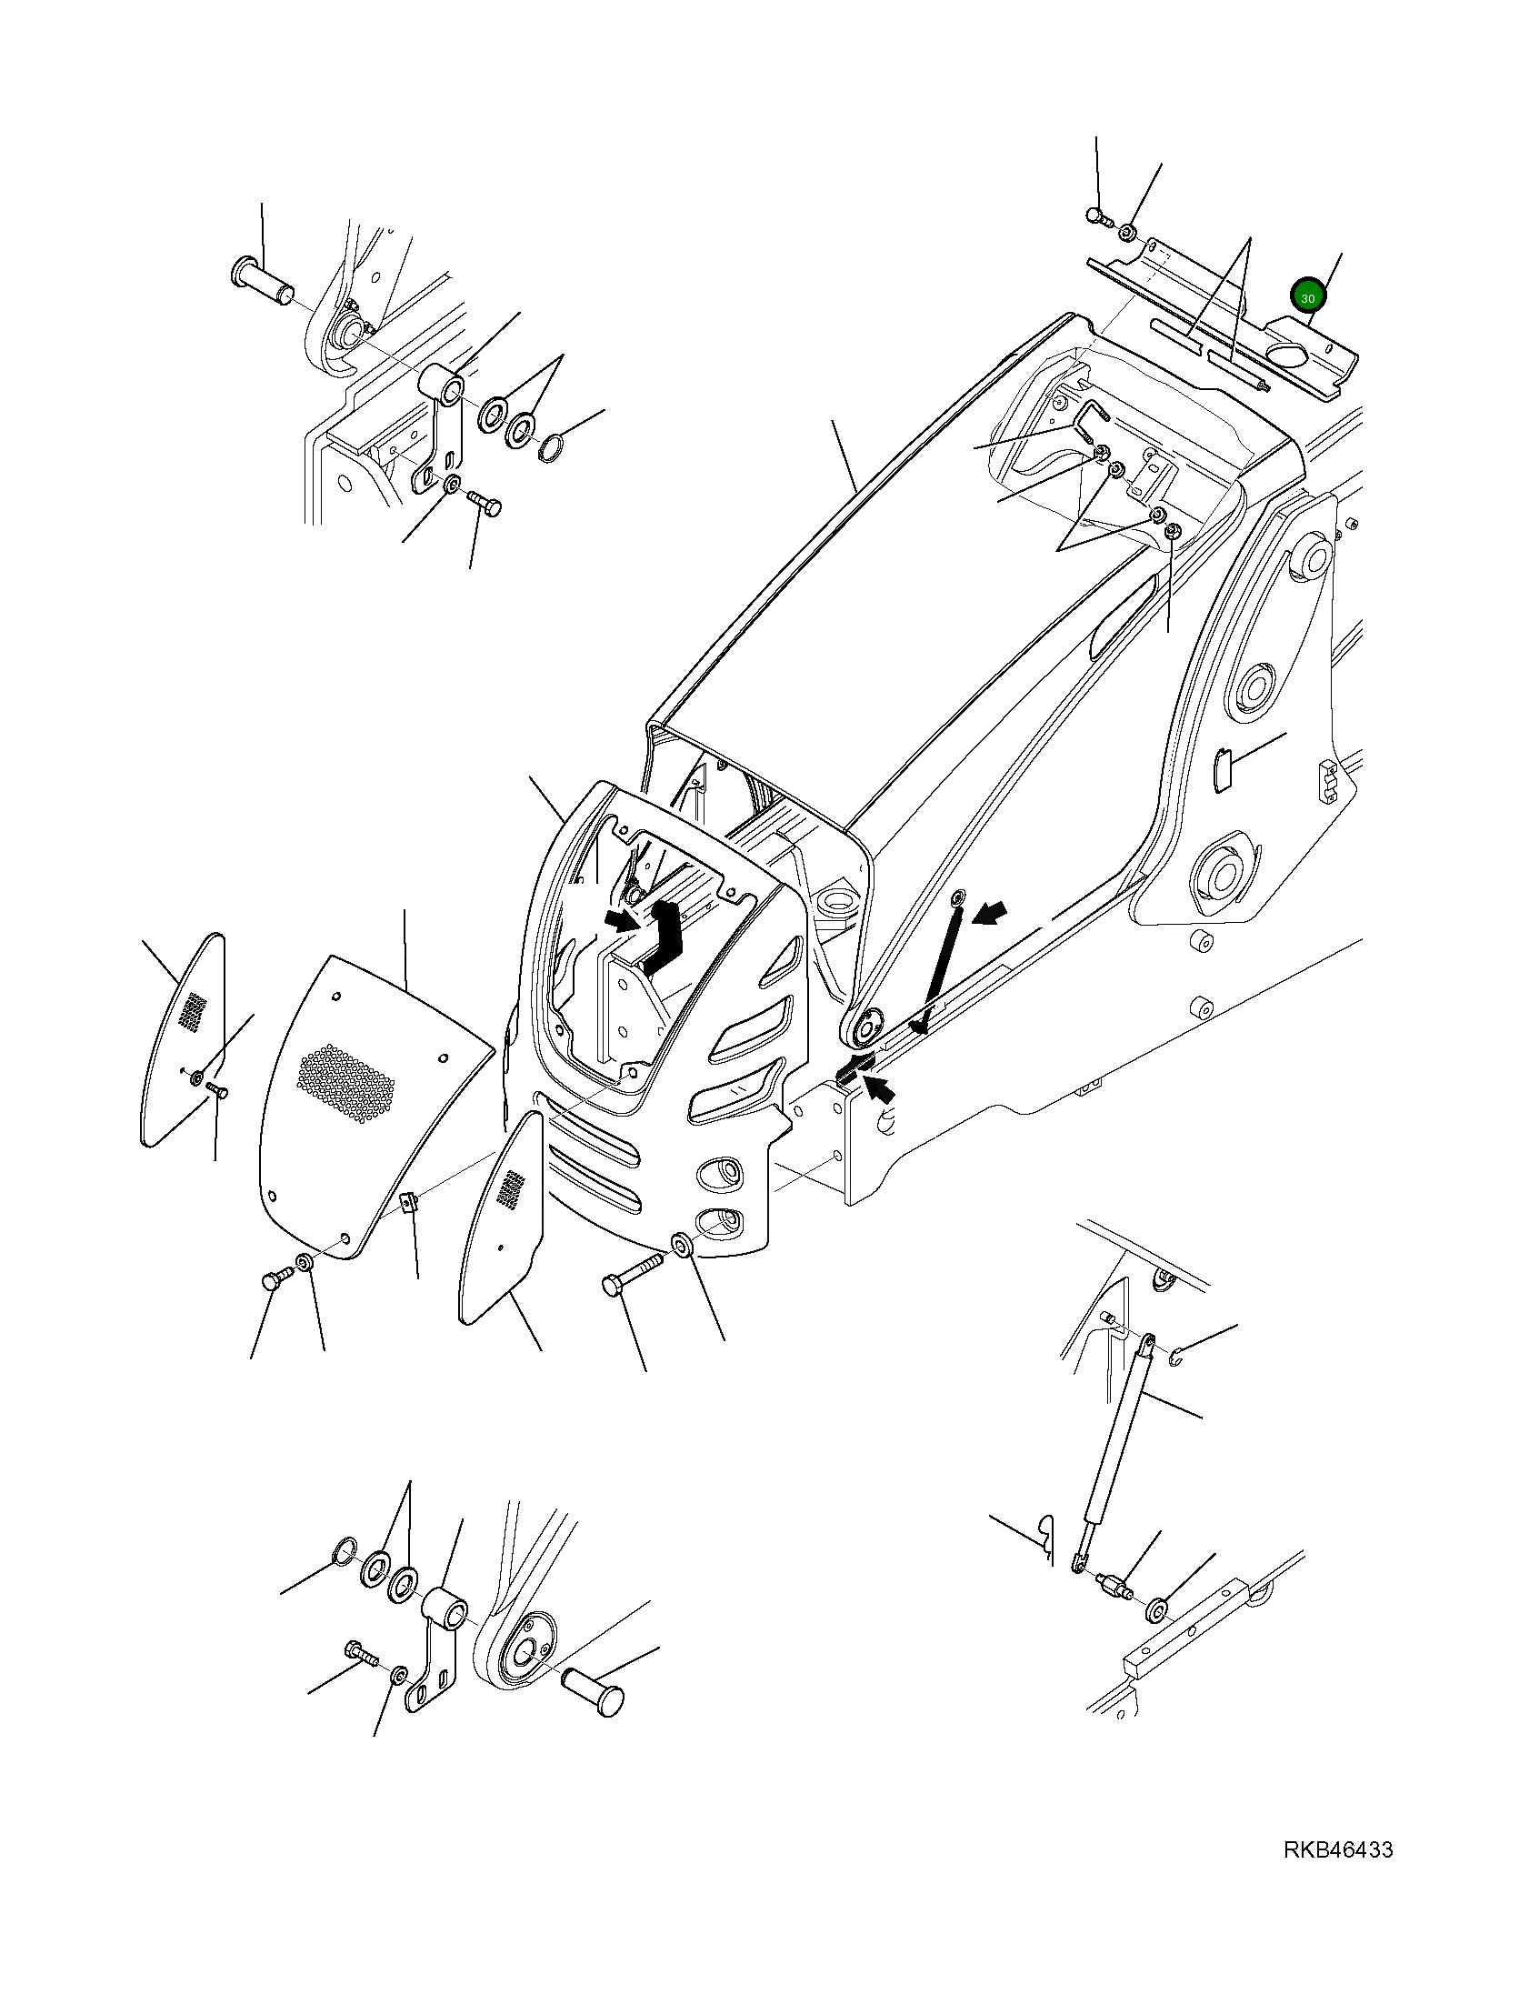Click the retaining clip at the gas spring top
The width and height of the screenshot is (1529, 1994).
[1176, 1359]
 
